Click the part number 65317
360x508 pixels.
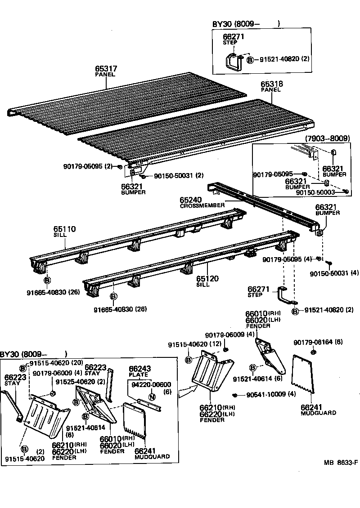(106, 69)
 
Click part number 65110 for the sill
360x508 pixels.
(65, 229)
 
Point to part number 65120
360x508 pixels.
(207, 279)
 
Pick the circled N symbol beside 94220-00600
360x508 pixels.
(152, 397)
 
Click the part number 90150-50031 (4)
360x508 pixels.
(335, 273)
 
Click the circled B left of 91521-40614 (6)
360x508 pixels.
(253, 367)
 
